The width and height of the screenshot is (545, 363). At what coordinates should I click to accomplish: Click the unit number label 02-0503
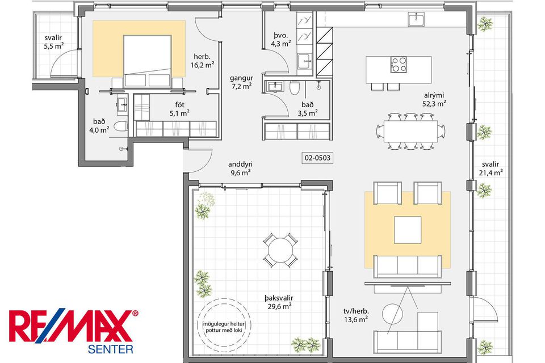pos(317,158)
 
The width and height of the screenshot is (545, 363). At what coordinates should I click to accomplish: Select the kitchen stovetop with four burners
pos(399,64)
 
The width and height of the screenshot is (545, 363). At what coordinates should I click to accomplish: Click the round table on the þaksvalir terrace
pos(280,250)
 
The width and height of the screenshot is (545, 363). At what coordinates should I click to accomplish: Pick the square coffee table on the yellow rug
pos(408,230)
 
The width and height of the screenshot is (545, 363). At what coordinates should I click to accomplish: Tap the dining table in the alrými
pos(410,132)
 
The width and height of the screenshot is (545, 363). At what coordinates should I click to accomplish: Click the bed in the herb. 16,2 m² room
pos(148,61)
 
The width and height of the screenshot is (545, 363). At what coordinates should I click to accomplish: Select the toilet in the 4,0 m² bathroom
pos(121,127)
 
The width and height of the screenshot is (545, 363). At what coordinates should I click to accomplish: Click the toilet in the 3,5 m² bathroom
pos(295,87)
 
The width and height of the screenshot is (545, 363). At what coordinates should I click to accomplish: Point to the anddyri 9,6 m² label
pos(240,168)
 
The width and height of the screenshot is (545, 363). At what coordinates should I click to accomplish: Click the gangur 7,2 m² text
pos(241,82)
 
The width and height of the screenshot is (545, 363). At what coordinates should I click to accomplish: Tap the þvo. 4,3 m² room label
pos(281,39)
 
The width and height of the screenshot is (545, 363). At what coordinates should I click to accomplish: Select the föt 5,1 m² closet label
pos(179,109)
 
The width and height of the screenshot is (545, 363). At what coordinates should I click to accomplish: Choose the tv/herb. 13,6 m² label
pos(357,315)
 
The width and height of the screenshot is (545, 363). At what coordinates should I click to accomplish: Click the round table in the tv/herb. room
pos(392,314)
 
